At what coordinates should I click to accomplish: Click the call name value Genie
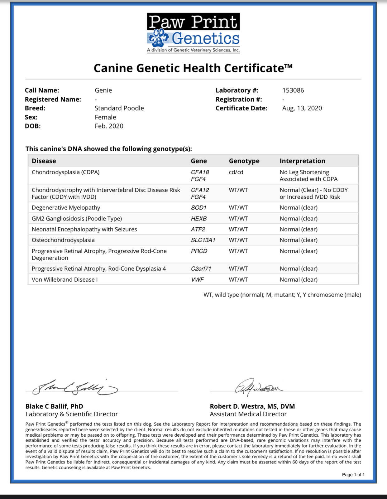103,90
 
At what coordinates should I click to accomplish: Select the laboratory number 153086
293,90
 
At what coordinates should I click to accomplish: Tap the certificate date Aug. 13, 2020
302,108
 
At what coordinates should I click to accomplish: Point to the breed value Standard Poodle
119,108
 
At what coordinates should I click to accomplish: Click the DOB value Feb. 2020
109,126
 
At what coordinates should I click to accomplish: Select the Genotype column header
244,161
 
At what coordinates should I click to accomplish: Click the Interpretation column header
302,161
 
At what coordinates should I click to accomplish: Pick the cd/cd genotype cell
236,172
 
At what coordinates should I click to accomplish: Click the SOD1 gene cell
198,208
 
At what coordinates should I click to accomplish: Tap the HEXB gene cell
198,219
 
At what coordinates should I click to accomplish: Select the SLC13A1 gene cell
203,240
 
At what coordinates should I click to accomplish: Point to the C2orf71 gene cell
201,269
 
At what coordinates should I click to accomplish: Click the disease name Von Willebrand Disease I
64,280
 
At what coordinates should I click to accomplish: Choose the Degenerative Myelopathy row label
66,208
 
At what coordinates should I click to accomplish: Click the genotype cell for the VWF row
238,280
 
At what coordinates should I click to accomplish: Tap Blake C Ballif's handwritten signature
75,388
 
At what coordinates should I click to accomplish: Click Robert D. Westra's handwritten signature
257,388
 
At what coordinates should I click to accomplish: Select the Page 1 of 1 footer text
353,475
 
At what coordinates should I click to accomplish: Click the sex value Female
105,117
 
